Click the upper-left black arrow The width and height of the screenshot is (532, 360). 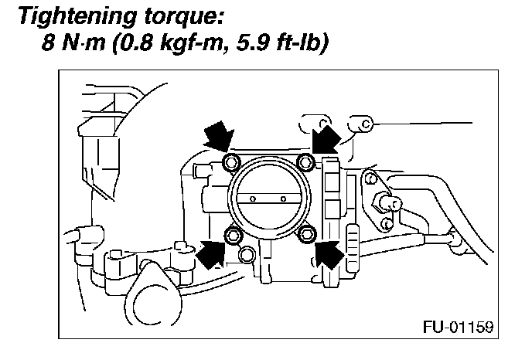point(217,138)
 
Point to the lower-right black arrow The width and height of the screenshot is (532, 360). point(329,253)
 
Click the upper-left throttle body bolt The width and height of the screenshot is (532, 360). point(229,161)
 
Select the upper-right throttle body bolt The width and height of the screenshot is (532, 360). point(305,161)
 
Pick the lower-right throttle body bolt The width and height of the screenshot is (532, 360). point(306,234)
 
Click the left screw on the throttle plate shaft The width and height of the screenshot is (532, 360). point(254,199)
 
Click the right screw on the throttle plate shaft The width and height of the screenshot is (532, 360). point(283,199)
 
